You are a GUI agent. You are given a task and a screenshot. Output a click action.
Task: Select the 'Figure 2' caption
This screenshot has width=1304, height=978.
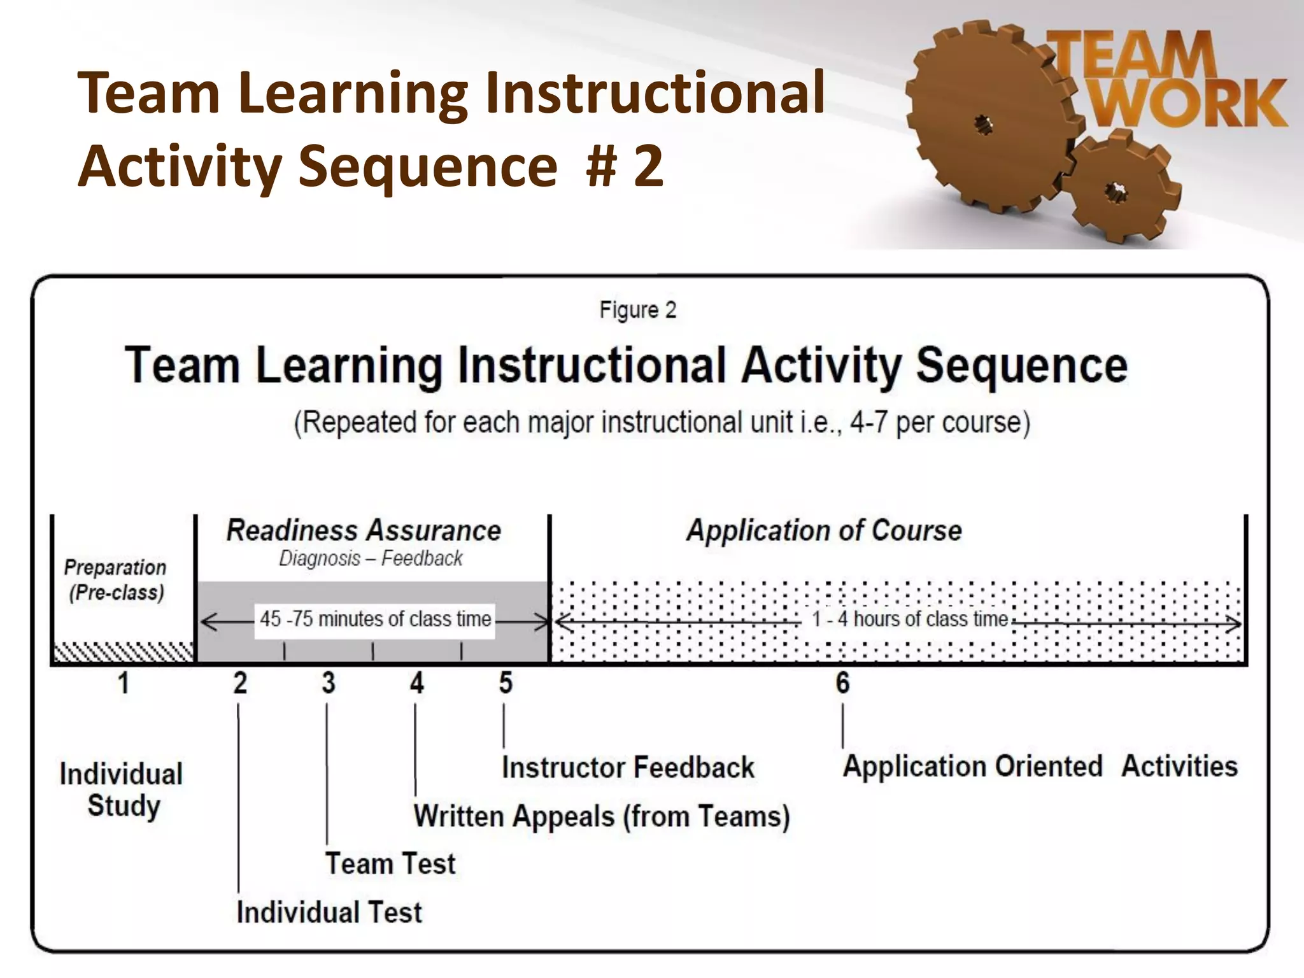637,310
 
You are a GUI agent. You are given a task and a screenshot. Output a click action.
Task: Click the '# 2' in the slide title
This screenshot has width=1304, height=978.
625,165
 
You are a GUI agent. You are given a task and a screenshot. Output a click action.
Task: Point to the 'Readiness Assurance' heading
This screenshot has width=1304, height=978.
364,530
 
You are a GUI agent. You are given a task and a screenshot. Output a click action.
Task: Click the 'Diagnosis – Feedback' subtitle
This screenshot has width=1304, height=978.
371,558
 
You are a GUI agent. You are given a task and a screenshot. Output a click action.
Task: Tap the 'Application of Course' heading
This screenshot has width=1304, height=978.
824,530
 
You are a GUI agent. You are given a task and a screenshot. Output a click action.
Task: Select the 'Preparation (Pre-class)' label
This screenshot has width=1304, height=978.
116,579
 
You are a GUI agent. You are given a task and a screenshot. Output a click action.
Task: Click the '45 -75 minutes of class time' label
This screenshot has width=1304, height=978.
375,619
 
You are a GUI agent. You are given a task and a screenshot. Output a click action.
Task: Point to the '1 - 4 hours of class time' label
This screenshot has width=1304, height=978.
909,619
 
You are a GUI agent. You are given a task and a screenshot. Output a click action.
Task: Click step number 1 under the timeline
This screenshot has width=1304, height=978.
124,683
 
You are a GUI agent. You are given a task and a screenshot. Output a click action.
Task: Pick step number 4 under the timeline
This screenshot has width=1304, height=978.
416,683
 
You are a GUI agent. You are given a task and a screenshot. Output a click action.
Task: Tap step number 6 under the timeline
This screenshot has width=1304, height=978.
842,683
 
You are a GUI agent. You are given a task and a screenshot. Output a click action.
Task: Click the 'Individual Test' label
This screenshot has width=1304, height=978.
329,912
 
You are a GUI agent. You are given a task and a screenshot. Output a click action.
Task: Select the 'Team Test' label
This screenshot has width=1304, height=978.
390,863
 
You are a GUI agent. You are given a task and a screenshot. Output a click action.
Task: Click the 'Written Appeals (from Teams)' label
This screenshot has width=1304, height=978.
602,816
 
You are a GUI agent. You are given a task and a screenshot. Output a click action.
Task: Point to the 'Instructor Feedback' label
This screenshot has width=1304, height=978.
628,767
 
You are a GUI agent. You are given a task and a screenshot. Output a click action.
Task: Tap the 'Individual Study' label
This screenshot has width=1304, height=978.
122,790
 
